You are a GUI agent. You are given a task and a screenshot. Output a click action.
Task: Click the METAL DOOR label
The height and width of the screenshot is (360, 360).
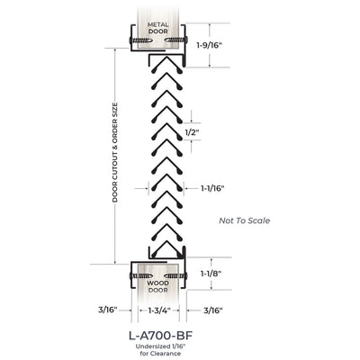pos(157,28)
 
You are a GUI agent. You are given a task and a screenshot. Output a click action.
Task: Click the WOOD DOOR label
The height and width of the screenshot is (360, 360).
pos(157,286)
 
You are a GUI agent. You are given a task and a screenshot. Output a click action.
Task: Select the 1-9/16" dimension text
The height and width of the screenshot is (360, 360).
pos(211,45)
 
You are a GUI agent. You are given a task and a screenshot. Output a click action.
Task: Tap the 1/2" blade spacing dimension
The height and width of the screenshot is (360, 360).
pos(192,132)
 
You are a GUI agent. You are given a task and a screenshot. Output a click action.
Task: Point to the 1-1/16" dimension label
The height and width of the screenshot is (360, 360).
pos(212,188)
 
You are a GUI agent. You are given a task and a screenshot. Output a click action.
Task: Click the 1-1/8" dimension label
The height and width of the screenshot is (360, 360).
pos(211,274)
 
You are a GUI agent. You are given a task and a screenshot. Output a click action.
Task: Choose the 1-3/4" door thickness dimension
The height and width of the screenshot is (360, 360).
pos(159,310)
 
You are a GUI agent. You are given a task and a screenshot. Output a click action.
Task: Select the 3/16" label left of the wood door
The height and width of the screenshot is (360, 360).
pos(107,310)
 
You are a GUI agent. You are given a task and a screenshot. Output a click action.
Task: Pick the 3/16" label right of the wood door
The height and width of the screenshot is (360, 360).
pos(213,310)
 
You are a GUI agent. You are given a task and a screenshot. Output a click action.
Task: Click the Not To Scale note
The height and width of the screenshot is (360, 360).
pos(245,220)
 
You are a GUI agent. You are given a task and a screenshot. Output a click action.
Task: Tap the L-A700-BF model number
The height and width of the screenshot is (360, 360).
pos(160,336)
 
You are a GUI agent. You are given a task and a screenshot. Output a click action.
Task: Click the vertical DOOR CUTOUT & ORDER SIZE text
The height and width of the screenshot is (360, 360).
pos(115,152)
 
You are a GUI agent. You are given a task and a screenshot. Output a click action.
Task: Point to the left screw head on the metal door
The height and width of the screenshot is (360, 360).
pos(130,40)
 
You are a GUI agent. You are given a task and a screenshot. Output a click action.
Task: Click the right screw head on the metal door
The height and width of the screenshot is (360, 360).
pos(186,40)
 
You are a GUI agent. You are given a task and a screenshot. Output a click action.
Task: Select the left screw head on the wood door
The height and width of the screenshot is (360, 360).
pos(130,275)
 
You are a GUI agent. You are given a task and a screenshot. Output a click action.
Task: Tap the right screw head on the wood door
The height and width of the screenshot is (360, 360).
pos(186,275)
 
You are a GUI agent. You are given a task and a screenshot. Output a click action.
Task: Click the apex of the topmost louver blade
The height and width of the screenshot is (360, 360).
pos(166,58)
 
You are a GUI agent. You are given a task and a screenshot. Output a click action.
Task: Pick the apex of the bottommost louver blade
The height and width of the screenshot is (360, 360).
pos(166,241)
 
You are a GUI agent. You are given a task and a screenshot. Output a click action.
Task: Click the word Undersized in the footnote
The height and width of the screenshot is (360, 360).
pos(150,346)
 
